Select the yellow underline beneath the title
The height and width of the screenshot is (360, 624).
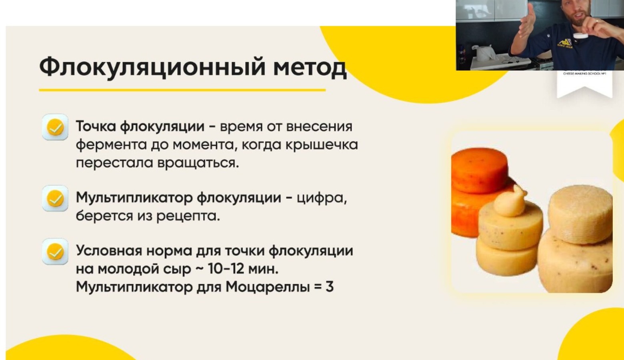(182, 90)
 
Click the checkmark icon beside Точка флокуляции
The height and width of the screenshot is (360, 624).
(55, 127)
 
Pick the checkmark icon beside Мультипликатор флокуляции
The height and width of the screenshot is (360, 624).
(55, 198)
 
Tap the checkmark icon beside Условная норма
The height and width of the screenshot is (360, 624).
(55, 252)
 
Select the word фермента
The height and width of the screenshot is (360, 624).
(112, 145)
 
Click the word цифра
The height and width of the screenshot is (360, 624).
(321, 198)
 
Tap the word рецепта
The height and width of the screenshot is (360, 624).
(188, 216)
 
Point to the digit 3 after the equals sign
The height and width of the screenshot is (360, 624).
(329, 287)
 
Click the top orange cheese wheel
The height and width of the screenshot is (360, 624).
(480, 170)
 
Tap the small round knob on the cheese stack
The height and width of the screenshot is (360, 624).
(509, 201)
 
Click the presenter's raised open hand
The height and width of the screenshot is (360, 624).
(526, 23)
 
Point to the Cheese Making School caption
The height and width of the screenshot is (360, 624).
(584, 74)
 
